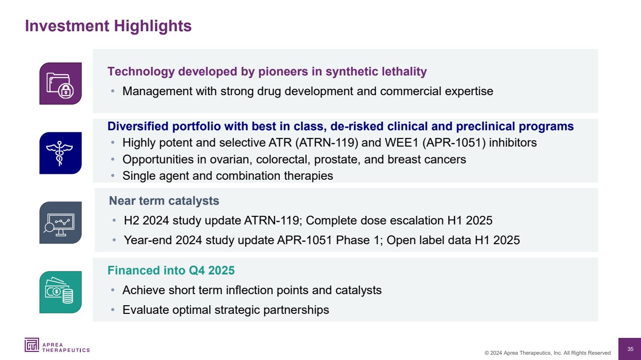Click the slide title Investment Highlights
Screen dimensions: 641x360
pos(108,26)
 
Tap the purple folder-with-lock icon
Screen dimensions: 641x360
pos(61,84)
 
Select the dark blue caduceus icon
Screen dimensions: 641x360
pos(61,153)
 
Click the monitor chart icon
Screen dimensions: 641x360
pos(61,223)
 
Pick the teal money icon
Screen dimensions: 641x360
pos(61,292)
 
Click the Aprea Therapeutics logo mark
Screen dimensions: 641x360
pos(32,345)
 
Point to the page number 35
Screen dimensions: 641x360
pos(630,349)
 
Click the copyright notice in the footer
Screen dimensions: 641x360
pos(547,353)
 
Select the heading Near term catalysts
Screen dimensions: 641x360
pos(164,201)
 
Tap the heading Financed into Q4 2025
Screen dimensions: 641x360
pos(171,270)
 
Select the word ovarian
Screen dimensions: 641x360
pos(231,160)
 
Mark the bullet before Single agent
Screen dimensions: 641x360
pos(113,176)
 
